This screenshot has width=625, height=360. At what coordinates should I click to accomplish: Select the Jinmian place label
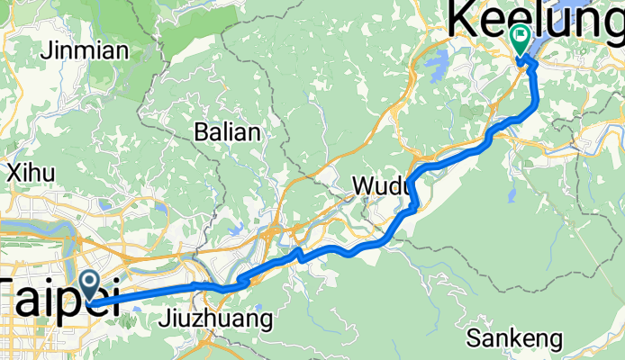(x=86, y=50)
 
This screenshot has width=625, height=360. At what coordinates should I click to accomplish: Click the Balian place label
(x=228, y=133)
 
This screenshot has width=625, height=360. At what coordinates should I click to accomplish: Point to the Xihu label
(x=32, y=172)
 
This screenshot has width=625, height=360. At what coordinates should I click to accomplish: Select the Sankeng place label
(x=515, y=339)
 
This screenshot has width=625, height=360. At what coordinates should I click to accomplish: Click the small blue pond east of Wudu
(x=512, y=193)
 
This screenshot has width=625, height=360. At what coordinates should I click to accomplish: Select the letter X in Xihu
(x=14, y=172)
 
